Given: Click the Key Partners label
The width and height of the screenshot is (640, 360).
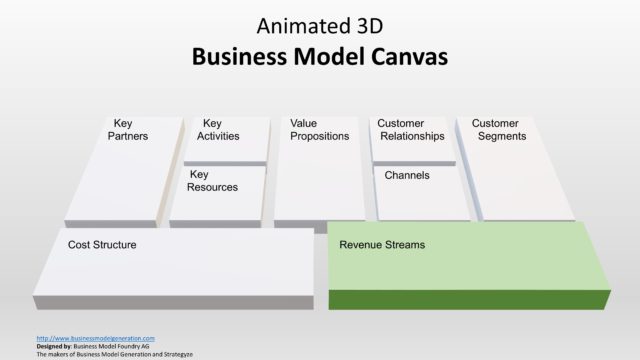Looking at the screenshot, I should pyautogui.click(x=127, y=130).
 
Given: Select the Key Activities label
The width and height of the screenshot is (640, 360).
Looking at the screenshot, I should pyautogui.click(x=218, y=130).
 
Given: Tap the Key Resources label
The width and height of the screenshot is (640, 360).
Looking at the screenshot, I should pyautogui.click(x=213, y=181).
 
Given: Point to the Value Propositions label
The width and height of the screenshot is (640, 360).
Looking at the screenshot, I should pyautogui.click(x=319, y=130).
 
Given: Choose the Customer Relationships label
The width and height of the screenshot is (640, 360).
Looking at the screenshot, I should pyautogui.click(x=410, y=130).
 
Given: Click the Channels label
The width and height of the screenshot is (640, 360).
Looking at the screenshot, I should pyautogui.click(x=407, y=175).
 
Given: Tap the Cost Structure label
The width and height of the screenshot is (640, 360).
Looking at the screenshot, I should pyautogui.click(x=102, y=244).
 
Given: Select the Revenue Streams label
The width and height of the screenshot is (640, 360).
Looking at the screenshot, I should pyautogui.click(x=382, y=244).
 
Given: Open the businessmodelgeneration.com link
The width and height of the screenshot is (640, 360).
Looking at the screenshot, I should pyautogui.click(x=95, y=338).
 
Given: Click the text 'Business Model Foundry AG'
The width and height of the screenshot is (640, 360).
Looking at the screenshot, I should pyautogui.click(x=119, y=346).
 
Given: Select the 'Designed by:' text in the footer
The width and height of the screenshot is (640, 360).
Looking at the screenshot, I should pyautogui.click(x=54, y=346).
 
